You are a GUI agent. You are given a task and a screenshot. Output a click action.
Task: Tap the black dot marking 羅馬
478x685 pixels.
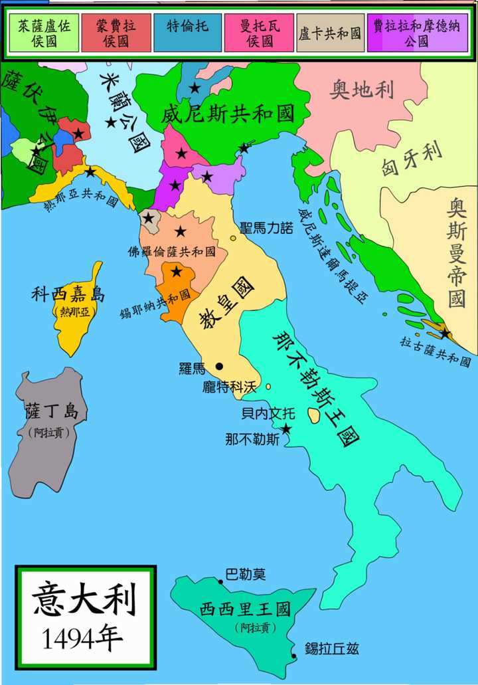click(218, 366)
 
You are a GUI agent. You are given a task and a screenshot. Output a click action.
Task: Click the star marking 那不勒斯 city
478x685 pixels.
click(286, 429)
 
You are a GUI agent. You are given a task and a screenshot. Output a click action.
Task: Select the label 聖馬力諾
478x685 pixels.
click(266, 229)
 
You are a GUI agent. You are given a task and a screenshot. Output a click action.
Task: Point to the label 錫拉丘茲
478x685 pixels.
click(332, 648)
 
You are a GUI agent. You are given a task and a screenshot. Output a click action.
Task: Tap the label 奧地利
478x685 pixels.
click(361, 90)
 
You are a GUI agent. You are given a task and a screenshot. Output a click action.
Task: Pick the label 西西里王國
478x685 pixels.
click(246, 609)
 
